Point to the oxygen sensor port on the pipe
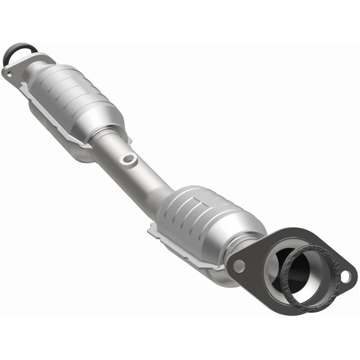coord(129,158)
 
